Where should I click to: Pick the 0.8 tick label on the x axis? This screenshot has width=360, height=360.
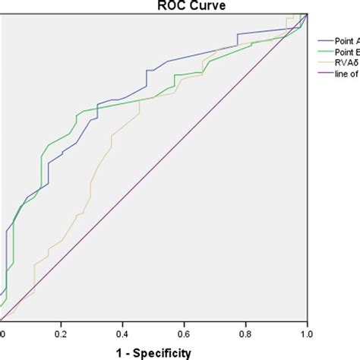point(245,333)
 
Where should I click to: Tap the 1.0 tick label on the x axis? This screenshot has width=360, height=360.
point(306,333)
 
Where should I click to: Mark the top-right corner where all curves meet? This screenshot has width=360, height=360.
point(306,14)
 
